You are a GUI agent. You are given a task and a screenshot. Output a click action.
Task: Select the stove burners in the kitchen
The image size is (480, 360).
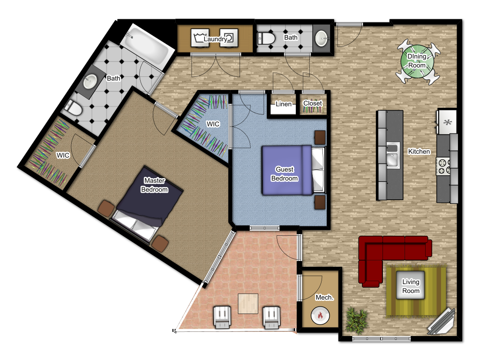pos(442,166)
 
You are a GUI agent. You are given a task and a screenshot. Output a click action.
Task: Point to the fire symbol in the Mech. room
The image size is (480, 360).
pos(320,315)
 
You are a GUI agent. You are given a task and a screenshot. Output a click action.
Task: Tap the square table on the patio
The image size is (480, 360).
pos(248,304)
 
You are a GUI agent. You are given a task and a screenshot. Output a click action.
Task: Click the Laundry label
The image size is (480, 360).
pos(215,39)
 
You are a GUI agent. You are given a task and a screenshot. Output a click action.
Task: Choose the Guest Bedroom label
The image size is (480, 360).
pos(285,174)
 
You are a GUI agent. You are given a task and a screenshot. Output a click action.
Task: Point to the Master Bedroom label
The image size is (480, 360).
pos(155,185)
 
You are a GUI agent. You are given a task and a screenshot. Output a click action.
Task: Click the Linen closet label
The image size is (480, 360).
pos(284,104)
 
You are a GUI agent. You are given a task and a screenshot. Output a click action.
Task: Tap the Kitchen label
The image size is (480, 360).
pos(419,151)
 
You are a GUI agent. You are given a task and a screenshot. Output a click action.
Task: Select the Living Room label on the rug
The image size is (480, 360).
pos(411,286)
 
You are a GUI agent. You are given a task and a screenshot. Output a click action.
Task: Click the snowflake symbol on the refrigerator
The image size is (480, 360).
pos(448,122)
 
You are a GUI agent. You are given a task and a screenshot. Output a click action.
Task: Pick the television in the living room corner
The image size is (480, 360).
pos(441,321)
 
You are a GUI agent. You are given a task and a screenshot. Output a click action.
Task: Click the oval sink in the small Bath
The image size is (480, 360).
pos(321,38)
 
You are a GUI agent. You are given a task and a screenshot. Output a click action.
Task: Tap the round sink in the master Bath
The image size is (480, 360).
pos(90,82)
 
